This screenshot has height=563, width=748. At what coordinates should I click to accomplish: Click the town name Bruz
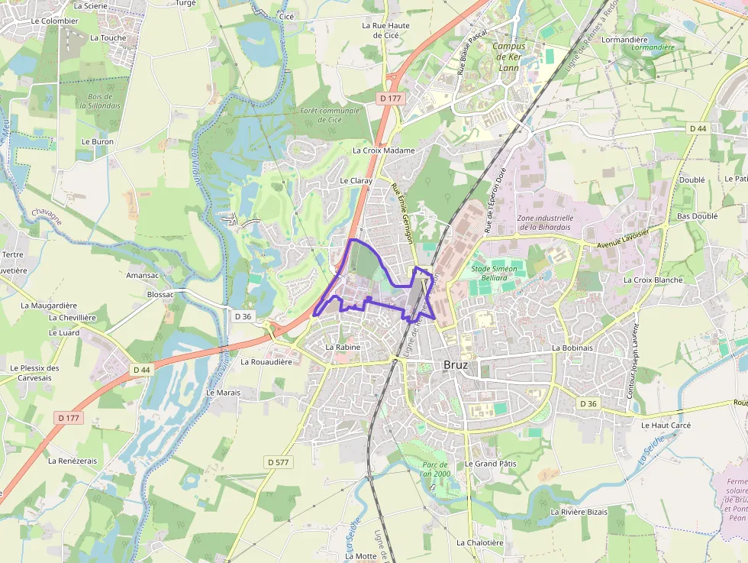pos(455,365)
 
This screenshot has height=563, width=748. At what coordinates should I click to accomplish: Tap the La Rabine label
pos(342,347)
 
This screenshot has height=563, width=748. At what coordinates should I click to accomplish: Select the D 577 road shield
pos(280,462)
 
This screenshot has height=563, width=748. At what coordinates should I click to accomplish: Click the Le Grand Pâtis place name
pos(491,464)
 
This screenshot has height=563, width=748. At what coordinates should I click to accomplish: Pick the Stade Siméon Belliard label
pos(494,273)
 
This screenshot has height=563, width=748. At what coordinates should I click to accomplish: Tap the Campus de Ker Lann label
pos(508,57)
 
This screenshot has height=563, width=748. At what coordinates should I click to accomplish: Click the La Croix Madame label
pos(383,150)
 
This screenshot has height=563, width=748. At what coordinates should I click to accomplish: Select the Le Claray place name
pos(356,180)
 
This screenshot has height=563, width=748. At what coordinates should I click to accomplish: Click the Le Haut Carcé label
pos(666,425)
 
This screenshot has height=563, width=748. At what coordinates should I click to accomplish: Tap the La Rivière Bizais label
pos(579,512)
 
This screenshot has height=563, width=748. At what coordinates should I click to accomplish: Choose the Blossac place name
pos(160,294)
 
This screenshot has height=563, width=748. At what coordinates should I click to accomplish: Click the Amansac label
pos(142,274)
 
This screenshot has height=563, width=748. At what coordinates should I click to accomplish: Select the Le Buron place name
pos(97,141)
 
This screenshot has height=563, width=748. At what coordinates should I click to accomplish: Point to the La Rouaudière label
pos(266,362)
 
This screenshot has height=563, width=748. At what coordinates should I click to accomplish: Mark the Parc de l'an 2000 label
pos(436,469)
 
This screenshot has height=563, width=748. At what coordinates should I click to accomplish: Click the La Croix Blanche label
pos(653,280)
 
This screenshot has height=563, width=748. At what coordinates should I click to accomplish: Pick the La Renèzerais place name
pos(73,461)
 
